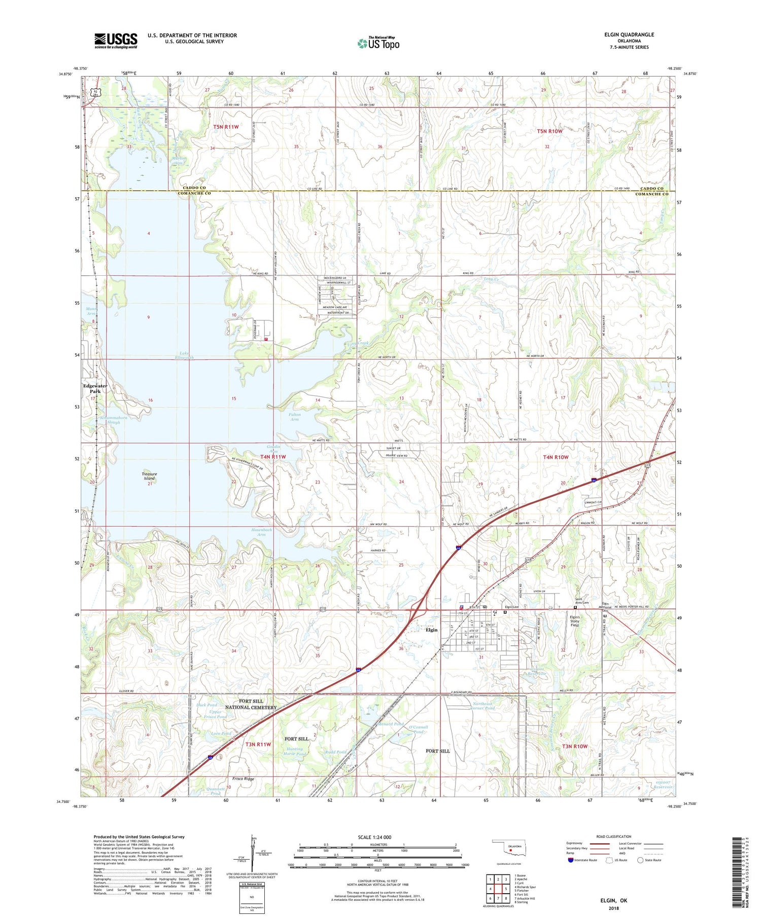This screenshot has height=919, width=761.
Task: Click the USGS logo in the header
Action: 116,41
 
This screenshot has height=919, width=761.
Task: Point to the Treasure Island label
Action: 149,476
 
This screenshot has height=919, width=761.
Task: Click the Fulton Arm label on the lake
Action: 294,417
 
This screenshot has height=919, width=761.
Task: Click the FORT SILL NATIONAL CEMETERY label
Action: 251,704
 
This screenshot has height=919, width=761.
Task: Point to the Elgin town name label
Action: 431,630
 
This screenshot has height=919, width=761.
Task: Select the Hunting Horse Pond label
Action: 294,751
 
